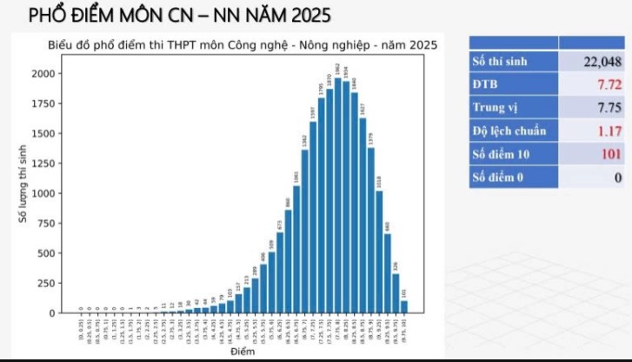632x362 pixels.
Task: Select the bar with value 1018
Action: (379, 251)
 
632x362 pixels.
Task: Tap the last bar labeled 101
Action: (404, 306)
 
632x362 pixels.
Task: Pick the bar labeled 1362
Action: (304, 231)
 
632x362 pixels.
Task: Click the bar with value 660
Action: (388, 273)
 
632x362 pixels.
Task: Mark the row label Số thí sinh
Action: (500, 62)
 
